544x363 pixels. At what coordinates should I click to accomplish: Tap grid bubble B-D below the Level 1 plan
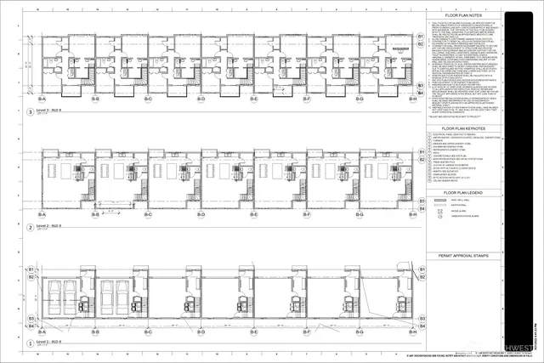tap(201, 332)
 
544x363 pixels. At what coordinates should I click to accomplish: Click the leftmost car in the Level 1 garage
tap(55, 296)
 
